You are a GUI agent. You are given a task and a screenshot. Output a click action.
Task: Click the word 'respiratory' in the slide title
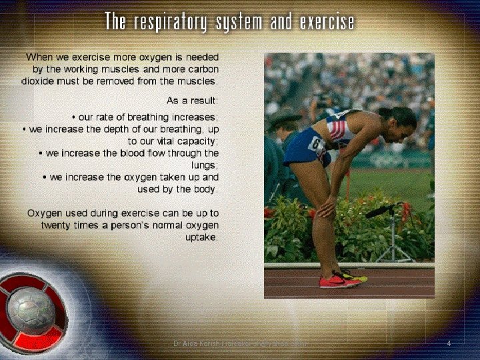click(170, 23)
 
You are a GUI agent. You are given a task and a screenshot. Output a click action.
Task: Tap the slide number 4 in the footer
click(449, 343)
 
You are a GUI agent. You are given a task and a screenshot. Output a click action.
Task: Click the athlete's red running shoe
click(339, 281)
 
